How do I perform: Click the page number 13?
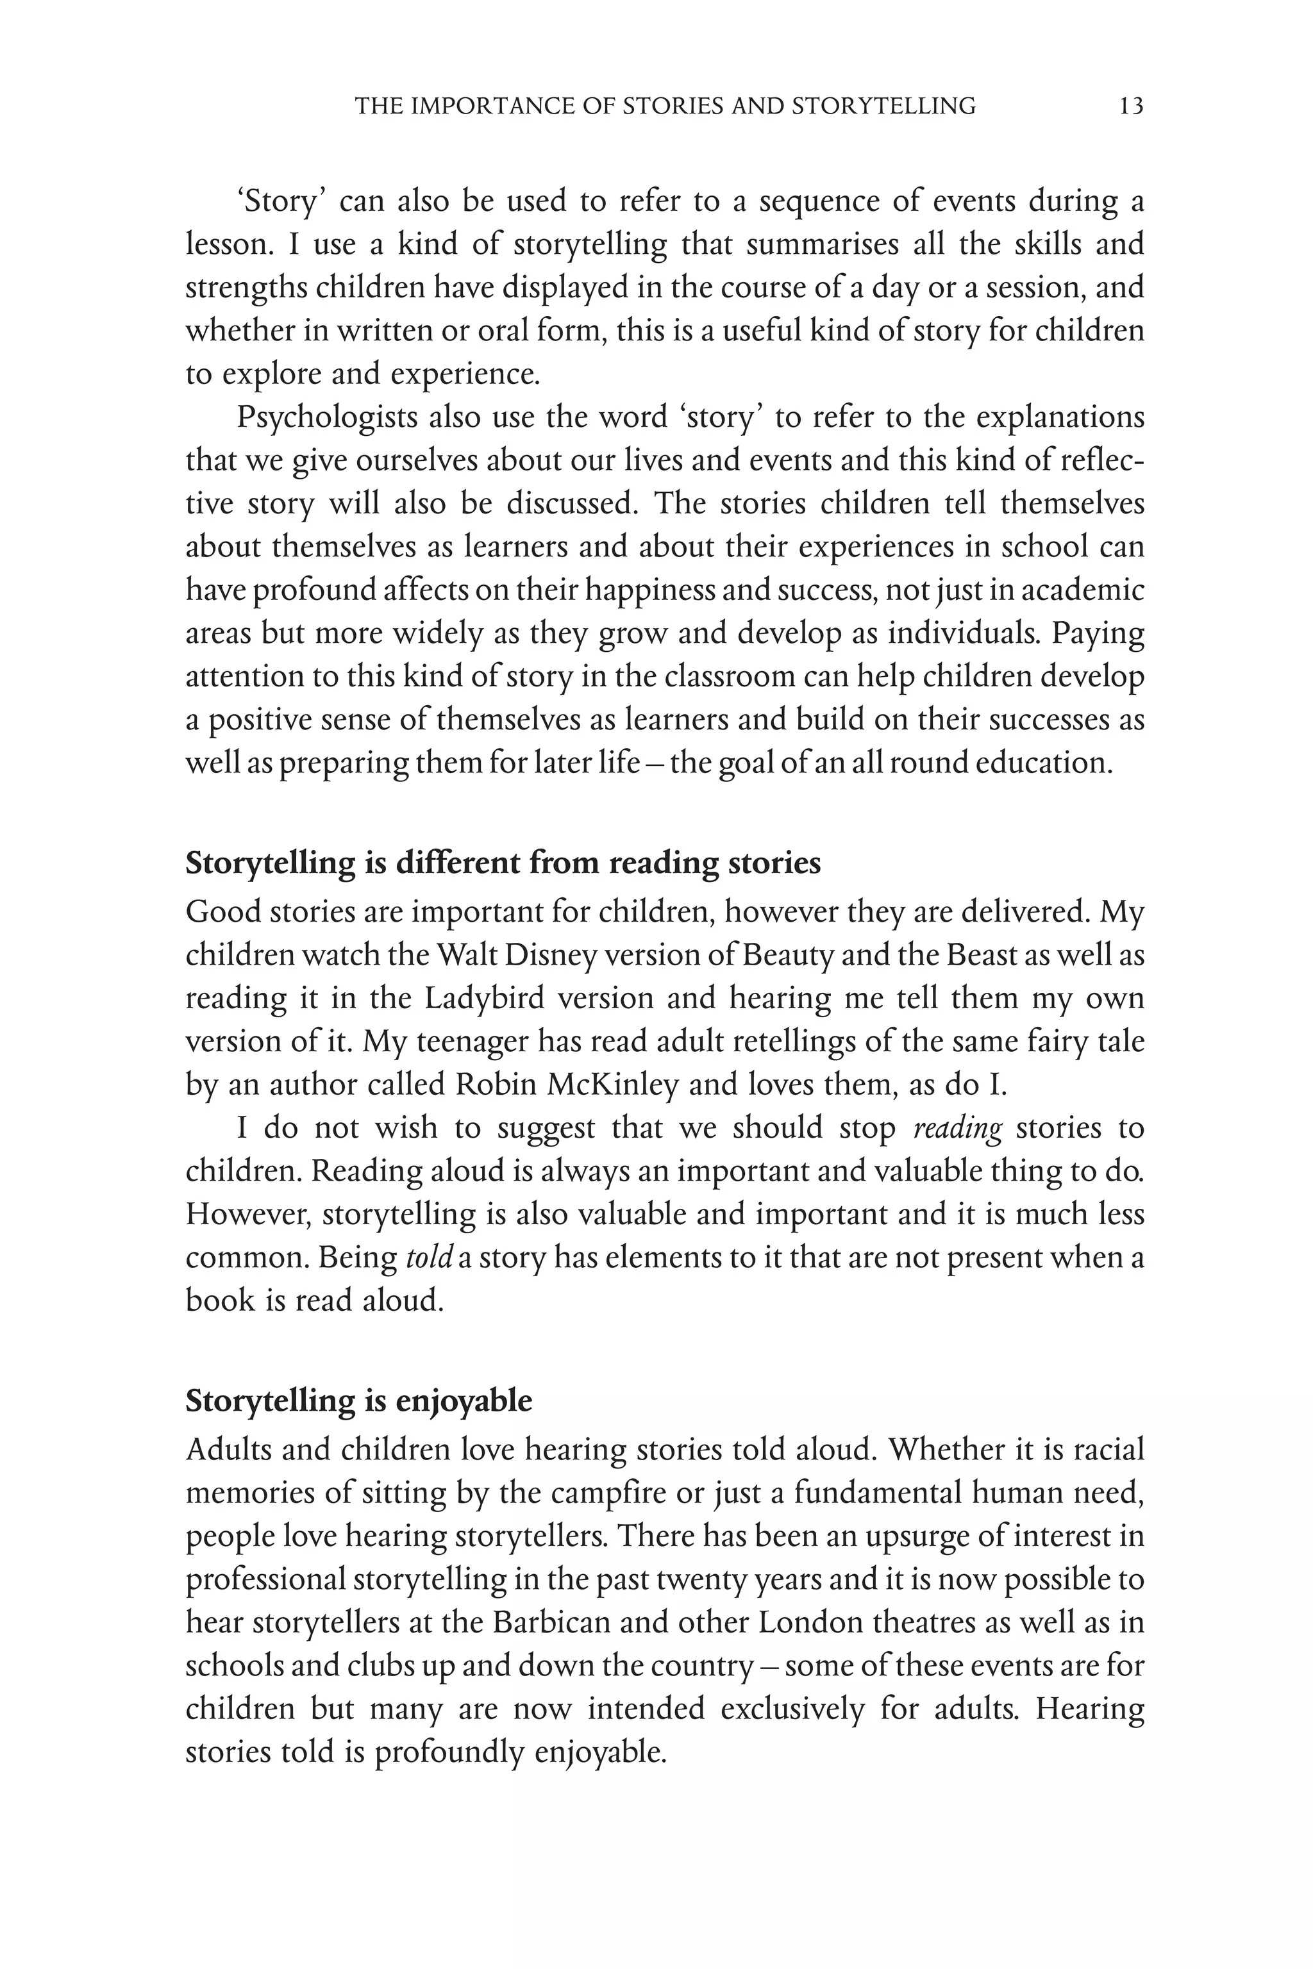click(1130, 106)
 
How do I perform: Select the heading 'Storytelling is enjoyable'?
click(358, 1424)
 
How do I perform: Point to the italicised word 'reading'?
click(957, 1129)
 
